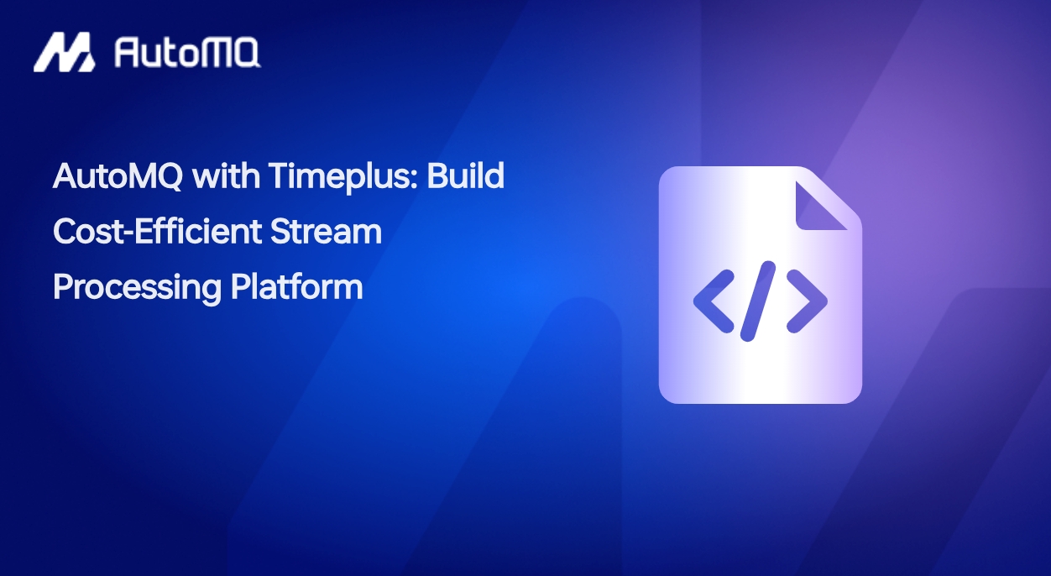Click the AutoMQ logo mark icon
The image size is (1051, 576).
pos(65,52)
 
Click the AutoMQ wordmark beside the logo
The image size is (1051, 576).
pos(187,53)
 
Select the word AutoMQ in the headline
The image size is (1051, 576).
pos(118,176)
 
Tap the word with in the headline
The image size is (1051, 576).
pos(226,175)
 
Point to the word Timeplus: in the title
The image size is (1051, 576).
pos(343,177)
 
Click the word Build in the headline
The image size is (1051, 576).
pos(465,175)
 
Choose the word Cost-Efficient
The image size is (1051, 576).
pos(157,231)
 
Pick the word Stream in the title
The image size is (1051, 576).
pos(326,232)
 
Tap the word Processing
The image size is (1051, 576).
pos(137,288)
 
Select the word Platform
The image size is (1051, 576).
pos(296,286)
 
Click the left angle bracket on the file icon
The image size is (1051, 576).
pos(714,301)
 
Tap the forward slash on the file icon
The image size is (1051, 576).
pos(758,301)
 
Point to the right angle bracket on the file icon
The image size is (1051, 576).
pos(807,301)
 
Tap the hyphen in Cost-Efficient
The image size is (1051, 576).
pos(129,233)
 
